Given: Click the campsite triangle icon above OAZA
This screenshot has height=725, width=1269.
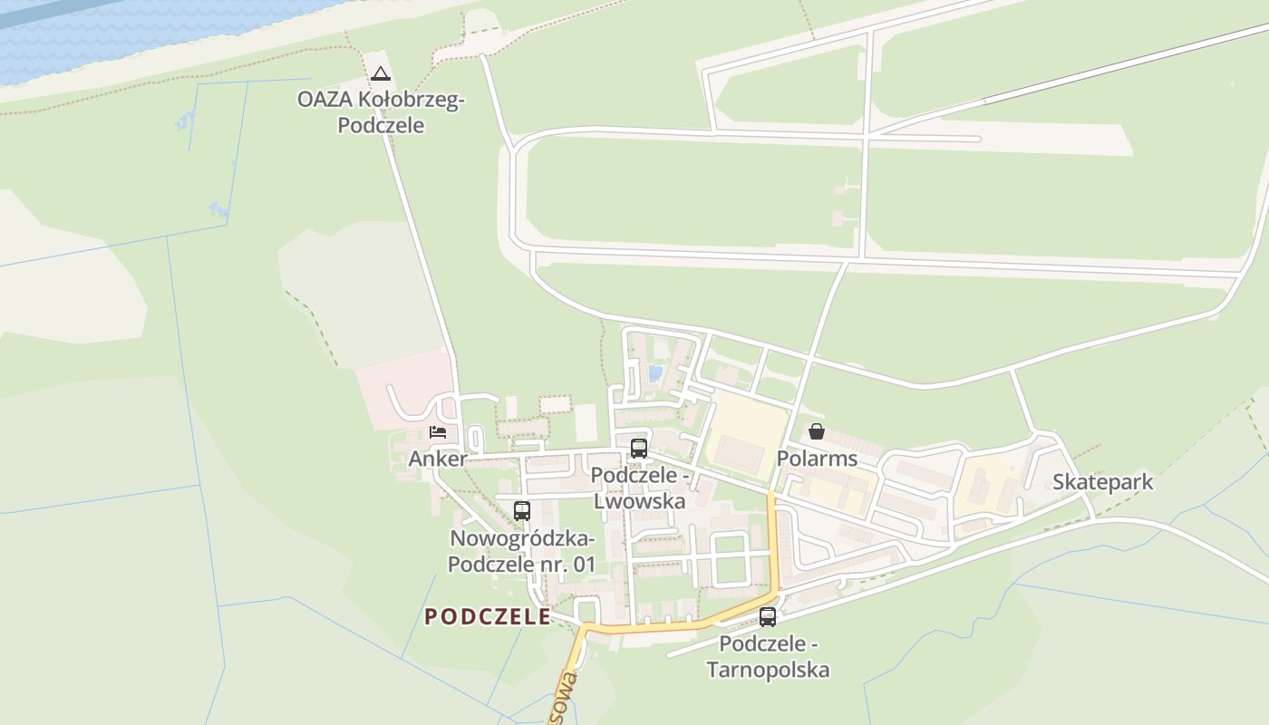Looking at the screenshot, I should coord(381,73).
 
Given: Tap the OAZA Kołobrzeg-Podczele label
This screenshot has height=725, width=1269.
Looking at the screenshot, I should coord(381,112).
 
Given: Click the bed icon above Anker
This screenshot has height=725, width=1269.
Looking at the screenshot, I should coord(438,432).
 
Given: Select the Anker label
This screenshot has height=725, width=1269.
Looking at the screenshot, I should coord(437,459).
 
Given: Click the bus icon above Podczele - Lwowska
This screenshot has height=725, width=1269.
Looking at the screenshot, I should coord(639,448).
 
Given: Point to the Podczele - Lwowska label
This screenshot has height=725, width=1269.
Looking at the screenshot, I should coord(640,488).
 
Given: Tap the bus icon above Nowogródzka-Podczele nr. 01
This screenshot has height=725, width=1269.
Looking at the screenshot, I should coord(521,510).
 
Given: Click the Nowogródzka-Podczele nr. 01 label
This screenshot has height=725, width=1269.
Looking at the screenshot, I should coord(522,551).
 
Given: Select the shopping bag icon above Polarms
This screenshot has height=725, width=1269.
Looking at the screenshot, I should coord(816,431).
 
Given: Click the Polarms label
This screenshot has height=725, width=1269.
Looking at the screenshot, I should coord(817,459).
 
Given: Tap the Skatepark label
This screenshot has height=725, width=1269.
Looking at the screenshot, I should coord(1102,481).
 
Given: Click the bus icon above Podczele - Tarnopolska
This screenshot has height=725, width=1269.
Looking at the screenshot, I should coord(768,617).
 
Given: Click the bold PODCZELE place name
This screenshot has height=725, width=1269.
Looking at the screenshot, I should coord(488,617).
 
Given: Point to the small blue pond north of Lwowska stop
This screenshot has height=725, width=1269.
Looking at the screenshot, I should coord(654,373).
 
